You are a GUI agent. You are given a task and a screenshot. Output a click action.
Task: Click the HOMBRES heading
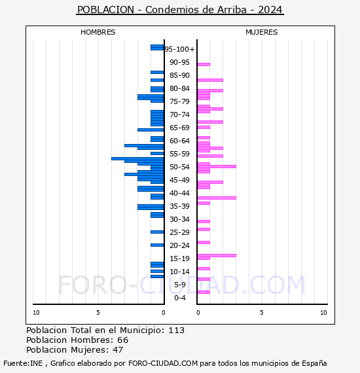click(98, 32)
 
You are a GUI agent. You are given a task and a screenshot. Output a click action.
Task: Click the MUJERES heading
click(262, 32)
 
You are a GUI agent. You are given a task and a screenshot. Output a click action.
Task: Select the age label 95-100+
click(179, 49)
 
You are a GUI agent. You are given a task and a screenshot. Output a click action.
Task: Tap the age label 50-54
click(179, 167)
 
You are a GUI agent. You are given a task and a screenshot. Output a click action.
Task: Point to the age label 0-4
click(180, 298)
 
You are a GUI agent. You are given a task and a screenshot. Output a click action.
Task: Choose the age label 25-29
click(179, 232)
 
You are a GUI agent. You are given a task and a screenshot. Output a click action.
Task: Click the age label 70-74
click(179, 115)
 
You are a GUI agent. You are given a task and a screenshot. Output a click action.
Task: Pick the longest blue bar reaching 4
click(137, 158)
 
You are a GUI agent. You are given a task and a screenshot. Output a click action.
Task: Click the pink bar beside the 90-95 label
click(204, 64)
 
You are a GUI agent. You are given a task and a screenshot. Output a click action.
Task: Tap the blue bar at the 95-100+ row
click(157, 48)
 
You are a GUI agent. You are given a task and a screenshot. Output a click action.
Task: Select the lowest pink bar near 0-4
click(204, 292)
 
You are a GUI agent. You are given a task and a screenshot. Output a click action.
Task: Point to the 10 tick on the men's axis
click(36, 313)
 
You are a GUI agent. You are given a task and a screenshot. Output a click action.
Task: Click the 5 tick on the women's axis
click(262, 313)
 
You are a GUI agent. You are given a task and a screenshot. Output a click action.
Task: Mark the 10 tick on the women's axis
click(323, 313)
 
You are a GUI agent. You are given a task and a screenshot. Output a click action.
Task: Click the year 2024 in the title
click(270, 10)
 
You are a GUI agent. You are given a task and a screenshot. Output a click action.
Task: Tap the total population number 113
click(177, 330)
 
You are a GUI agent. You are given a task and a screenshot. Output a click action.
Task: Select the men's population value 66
click(123, 340)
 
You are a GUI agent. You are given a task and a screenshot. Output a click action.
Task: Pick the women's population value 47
click(118, 349)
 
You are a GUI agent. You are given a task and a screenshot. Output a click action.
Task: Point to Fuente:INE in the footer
click(23, 363)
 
